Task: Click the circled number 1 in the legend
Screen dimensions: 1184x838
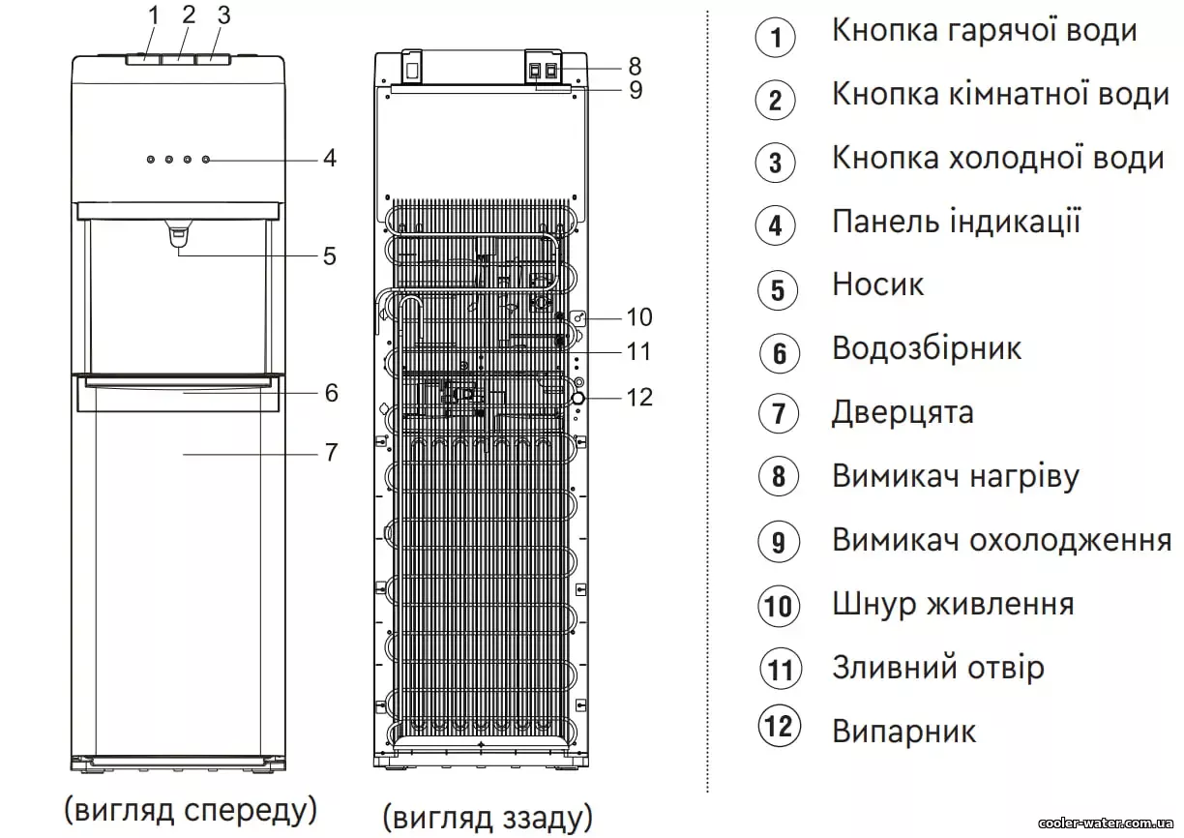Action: click(x=775, y=38)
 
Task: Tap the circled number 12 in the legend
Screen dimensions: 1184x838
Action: click(x=780, y=727)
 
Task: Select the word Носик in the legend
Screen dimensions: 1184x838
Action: click(x=878, y=284)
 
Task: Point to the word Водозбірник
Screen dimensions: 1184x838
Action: click(x=927, y=348)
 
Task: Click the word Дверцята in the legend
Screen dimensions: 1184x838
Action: click(x=903, y=412)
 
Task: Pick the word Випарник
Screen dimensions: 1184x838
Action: click(x=904, y=732)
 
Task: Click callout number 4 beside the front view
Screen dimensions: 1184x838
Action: click(x=330, y=158)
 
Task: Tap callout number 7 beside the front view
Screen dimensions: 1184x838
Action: click(x=332, y=453)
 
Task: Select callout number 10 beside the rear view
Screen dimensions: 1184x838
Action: click(x=639, y=317)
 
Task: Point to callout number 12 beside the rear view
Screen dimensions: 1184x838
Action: click(x=639, y=398)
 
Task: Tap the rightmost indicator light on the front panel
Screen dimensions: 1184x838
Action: click(x=206, y=159)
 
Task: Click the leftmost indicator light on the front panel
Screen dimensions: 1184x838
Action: click(x=151, y=159)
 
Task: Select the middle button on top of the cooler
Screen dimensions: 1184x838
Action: click(x=178, y=59)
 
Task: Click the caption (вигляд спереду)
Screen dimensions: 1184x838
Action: click(x=191, y=809)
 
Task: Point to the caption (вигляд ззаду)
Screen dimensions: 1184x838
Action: click(x=488, y=818)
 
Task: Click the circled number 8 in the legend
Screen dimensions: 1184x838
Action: click(x=778, y=476)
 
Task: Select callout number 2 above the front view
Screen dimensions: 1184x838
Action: click(x=189, y=15)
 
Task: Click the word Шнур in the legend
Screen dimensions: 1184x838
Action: click(x=873, y=605)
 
